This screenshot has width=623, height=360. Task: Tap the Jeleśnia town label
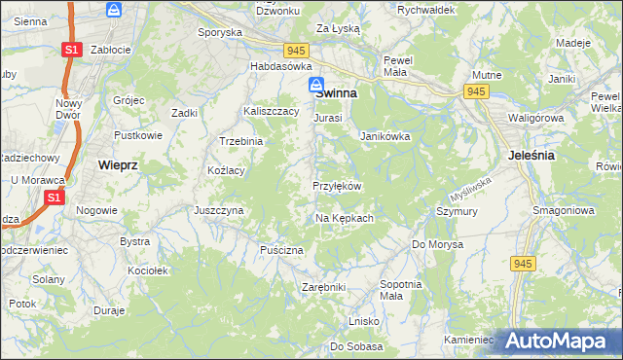(x=531, y=155)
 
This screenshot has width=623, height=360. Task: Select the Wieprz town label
(x=118, y=165)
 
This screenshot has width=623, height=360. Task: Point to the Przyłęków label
(x=338, y=186)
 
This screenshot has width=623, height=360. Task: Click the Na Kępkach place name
(x=345, y=218)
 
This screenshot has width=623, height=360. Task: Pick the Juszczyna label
(x=218, y=209)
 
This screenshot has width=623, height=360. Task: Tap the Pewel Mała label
(x=400, y=65)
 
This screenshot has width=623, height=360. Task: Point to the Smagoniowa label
(x=560, y=209)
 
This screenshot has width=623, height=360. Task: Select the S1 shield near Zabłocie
(x=71, y=50)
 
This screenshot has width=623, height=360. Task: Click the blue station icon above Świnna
(x=316, y=85)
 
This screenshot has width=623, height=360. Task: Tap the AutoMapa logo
(x=558, y=341)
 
